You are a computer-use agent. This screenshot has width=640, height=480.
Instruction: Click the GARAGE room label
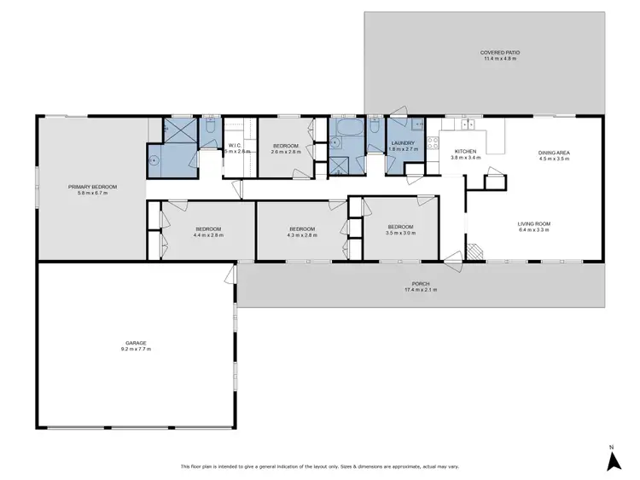pos(136,343)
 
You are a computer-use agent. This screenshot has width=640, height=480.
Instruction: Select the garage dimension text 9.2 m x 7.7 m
pos(136,350)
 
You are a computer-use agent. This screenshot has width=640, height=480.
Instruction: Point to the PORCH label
pos(420,284)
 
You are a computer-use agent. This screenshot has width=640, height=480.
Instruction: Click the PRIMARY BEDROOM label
pos(92,187)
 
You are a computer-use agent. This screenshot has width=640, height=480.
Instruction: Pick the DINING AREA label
pos(554,152)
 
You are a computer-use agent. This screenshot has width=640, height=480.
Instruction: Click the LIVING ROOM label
pos(534,223)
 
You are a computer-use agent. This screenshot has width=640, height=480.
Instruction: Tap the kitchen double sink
pos(468,124)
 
